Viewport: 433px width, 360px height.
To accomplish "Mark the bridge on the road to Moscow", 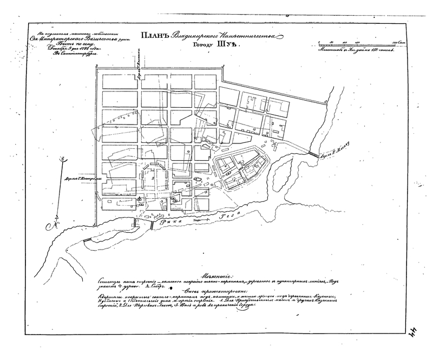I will [x=313, y=155].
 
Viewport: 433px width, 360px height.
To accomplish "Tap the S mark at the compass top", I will [x=63, y=159].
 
